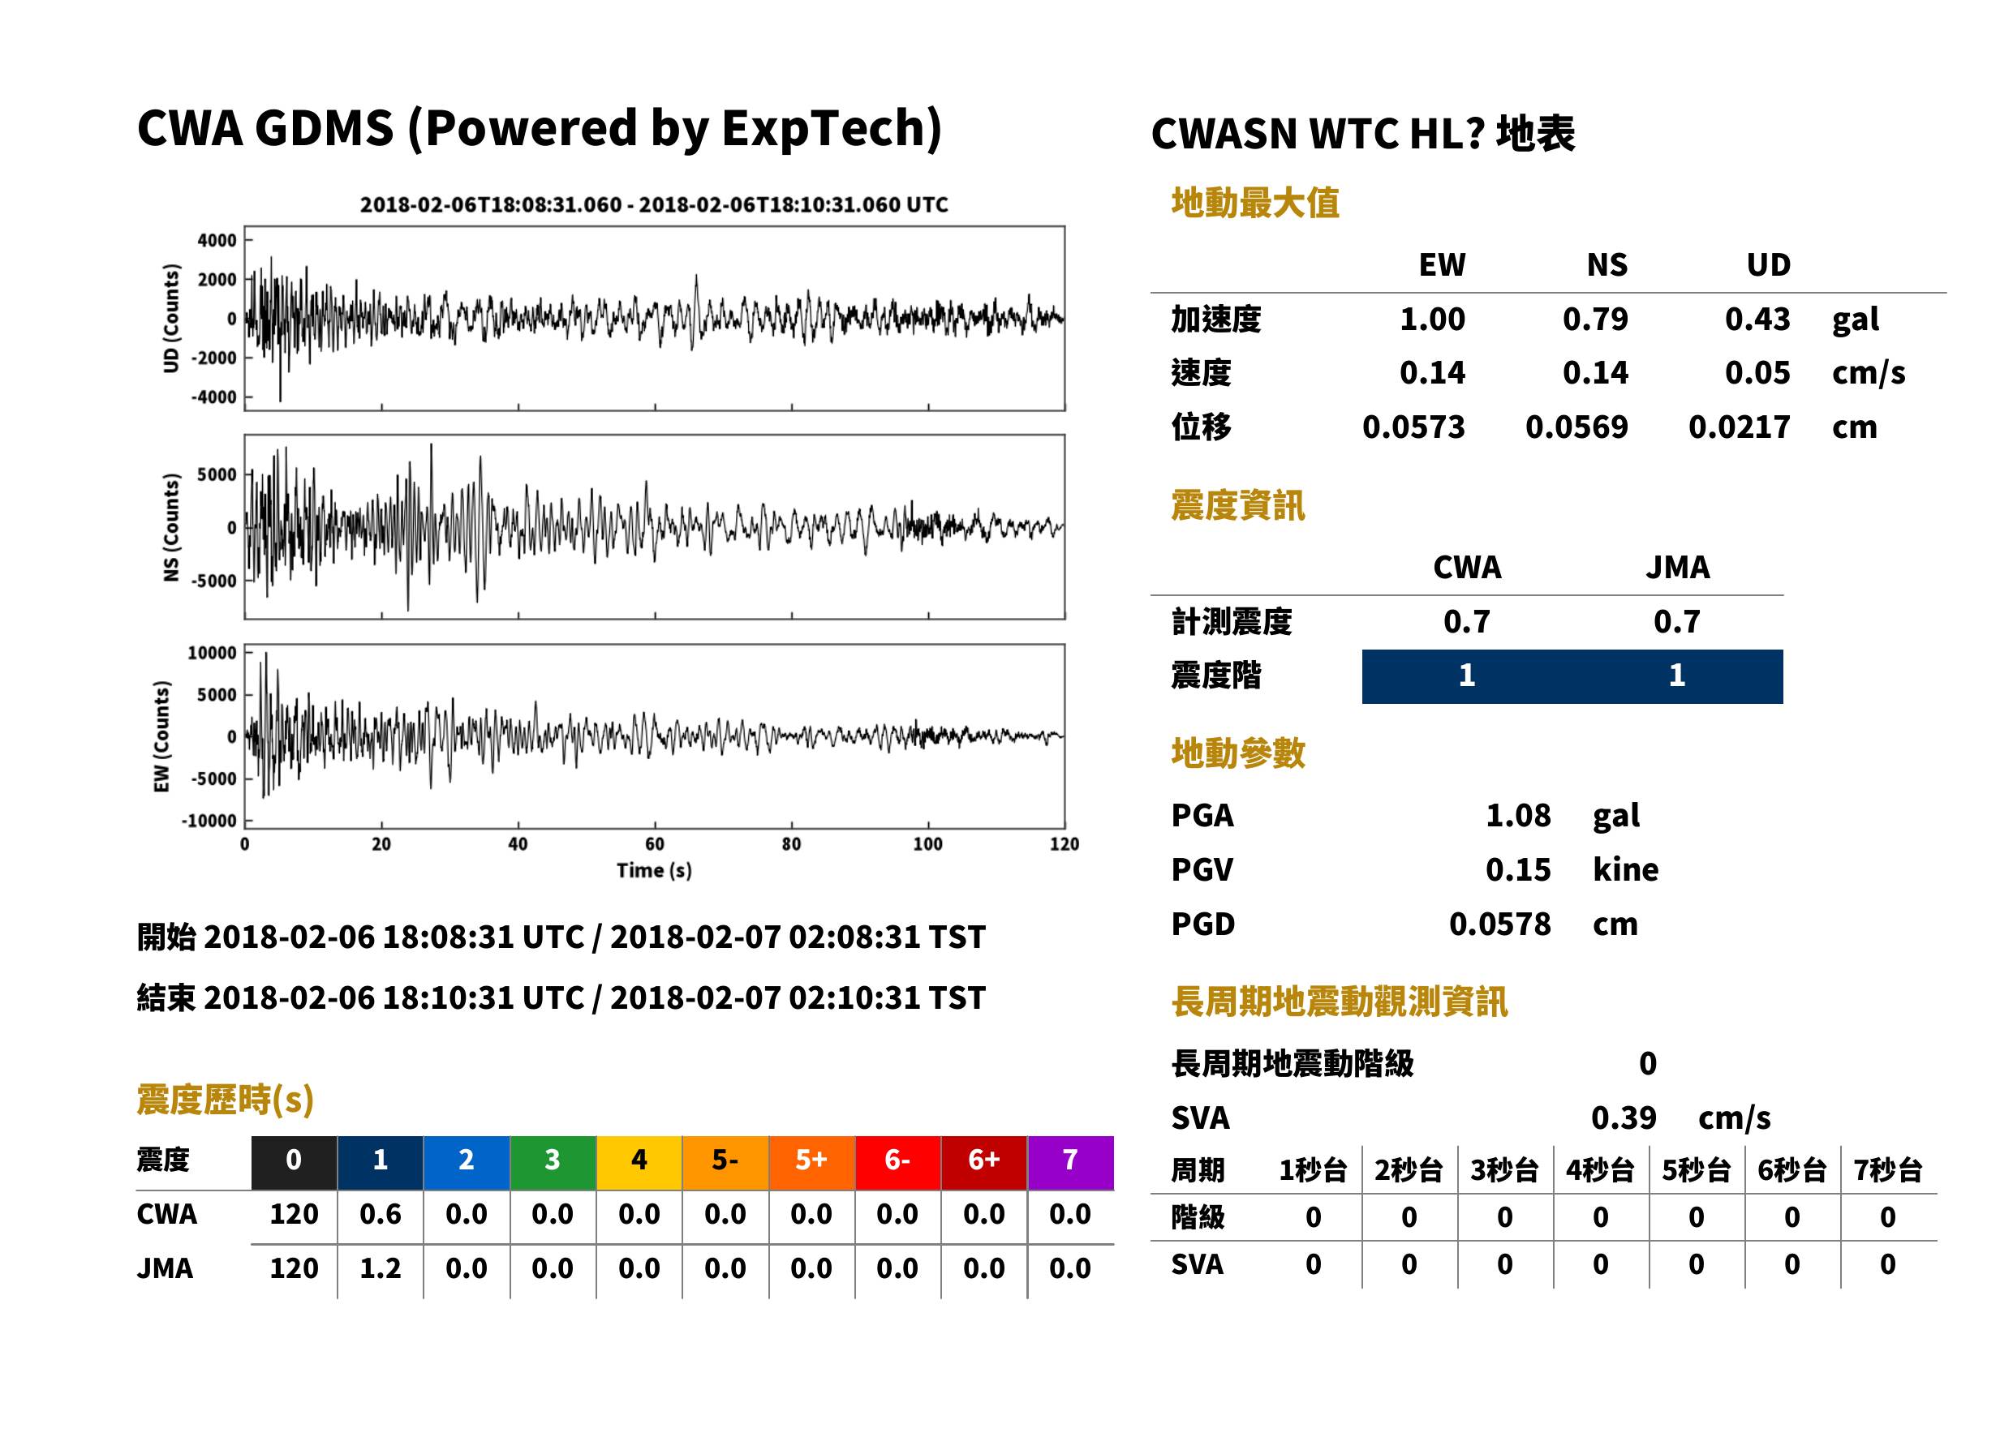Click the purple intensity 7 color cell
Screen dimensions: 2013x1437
(1069, 1162)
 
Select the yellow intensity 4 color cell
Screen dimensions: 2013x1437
(639, 1162)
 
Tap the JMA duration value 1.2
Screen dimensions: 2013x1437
(380, 1269)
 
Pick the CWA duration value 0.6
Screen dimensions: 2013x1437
(380, 1214)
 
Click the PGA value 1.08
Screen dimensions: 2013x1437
(1517, 815)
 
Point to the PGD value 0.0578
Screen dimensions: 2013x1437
(1499, 924)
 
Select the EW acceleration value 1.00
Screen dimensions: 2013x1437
(1431, 319)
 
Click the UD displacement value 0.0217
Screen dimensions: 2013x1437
(1739, 427)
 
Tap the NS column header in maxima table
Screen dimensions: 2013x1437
(1606, 264)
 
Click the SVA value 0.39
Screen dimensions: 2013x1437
(1623, 1117)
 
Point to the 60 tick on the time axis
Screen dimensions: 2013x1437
(654, 844)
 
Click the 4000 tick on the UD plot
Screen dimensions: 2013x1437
(217, 240)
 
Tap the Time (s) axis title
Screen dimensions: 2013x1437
(654, 871)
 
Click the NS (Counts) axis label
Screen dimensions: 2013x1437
(171, 527)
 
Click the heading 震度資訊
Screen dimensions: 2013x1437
(1237, 505)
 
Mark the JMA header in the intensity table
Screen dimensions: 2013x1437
(1676, 567)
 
